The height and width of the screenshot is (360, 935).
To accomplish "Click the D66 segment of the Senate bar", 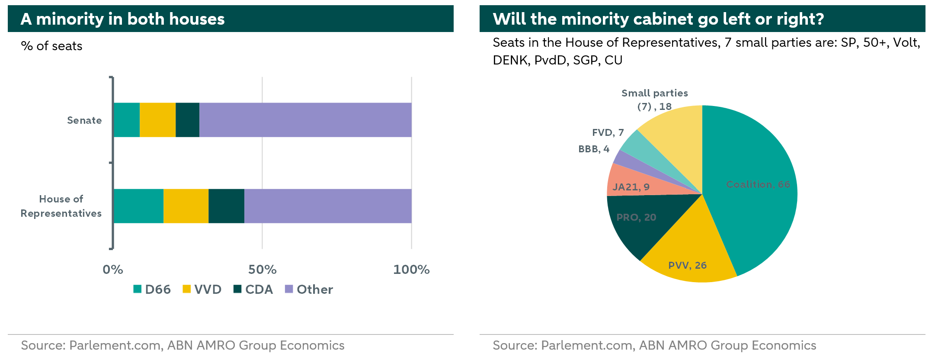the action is pyautogui.click(x=127, y=120).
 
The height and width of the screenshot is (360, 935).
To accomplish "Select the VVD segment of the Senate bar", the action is pyautogui.click(x=158, y=120).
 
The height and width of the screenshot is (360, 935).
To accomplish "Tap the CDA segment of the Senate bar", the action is pyautogui.click(x=188, y=120).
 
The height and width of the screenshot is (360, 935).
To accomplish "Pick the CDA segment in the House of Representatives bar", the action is pyautogui.click(x=226, y=206).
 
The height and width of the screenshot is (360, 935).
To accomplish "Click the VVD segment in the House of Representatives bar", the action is pyautogui.click(x=186, y=206).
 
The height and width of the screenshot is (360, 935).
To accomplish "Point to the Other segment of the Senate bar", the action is pyautogui.click(x=305, y=120).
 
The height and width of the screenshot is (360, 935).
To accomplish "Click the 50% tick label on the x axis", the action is pyautogui.click(x=262, y=270).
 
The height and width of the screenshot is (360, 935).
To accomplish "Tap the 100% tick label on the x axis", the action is pyautogui.click(x=411, y=270).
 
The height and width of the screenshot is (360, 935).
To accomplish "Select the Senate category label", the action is pyautogui.click(x=84, y=120).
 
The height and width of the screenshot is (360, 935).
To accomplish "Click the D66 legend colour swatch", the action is pyautogui.click(x=138, y=289).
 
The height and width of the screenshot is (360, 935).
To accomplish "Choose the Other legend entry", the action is pyautogui.click(x=309, y=289).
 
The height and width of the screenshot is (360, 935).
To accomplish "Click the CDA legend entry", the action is pyautogui.click(x=253, y=289).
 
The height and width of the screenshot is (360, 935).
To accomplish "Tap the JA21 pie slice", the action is pyautogui.click(x=631, y=184).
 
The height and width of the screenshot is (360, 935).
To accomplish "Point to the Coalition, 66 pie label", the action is pyautogui.click(x=758, y=184).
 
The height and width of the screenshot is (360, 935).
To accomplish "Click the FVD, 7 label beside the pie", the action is pyautogui.click(x=608, y=132).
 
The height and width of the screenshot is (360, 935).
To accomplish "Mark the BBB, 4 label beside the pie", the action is pyautogui.click(x=594, y=149).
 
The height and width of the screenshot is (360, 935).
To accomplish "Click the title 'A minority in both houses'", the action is pyautogui.click(x=123, y=19).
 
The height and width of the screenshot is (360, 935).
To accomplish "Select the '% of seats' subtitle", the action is pyautogui.click(x=51, y=46).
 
